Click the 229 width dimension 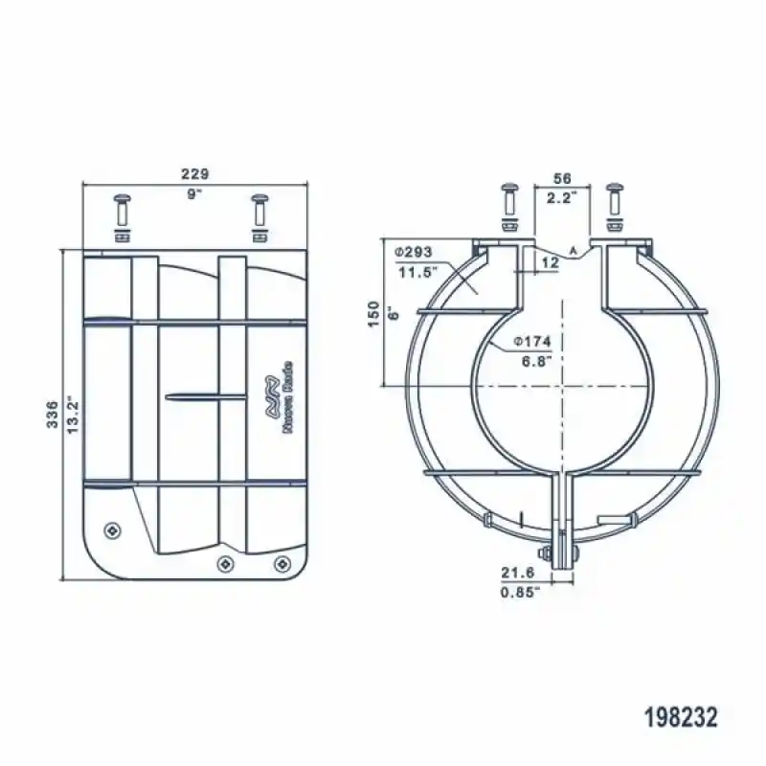(x=194, y=173)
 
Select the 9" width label (x=194, y=193)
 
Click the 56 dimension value (x=562, y=179)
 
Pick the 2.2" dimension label (x=561, y=198)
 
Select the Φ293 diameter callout (x=414, y=252)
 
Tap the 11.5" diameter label (x=416, y=272)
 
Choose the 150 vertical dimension (x=373, y=314)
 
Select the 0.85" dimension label (x=520, y=592)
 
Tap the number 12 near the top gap (x=549, y=261)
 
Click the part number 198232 (x=681, y=716)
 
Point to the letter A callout (x=574, y=250)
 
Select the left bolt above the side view (x=122, y=213)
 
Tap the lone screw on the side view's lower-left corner (x=114, y=530)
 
